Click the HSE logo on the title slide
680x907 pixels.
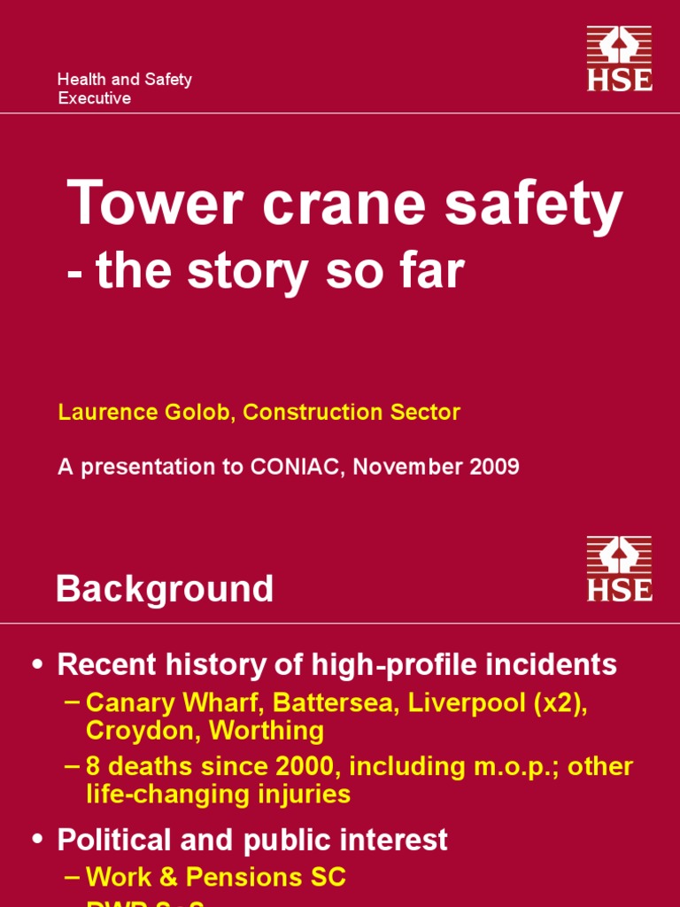pos(619,58)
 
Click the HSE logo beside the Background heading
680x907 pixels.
pos(619,569)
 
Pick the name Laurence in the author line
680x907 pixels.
pos(100,413)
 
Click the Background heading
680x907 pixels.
pos(165,589)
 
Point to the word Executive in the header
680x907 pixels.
pos(94,98)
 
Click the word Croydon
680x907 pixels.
pos(136,732)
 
